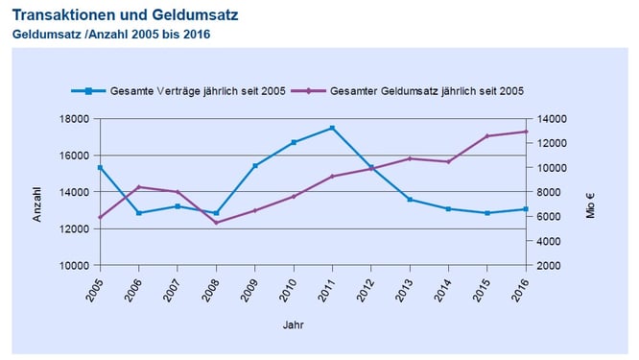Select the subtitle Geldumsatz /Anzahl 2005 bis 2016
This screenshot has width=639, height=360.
(110, 35)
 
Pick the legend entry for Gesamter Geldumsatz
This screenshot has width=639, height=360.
(426, 91)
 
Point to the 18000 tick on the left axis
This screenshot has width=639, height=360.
(77, 119)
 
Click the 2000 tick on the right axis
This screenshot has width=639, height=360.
(549, 265)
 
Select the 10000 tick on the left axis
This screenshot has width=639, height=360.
(77, 265)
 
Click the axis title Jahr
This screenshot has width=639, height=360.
(294, 325)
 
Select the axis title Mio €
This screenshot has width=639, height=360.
(591, 206)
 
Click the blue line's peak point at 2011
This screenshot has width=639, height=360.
(332, 128)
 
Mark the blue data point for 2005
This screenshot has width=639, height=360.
(100, 168)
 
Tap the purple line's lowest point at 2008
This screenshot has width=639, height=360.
(216, 223)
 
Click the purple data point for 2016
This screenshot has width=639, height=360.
(526, 132)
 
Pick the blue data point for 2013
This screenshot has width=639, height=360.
(410, 200)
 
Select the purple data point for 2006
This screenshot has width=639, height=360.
(139, 186)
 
